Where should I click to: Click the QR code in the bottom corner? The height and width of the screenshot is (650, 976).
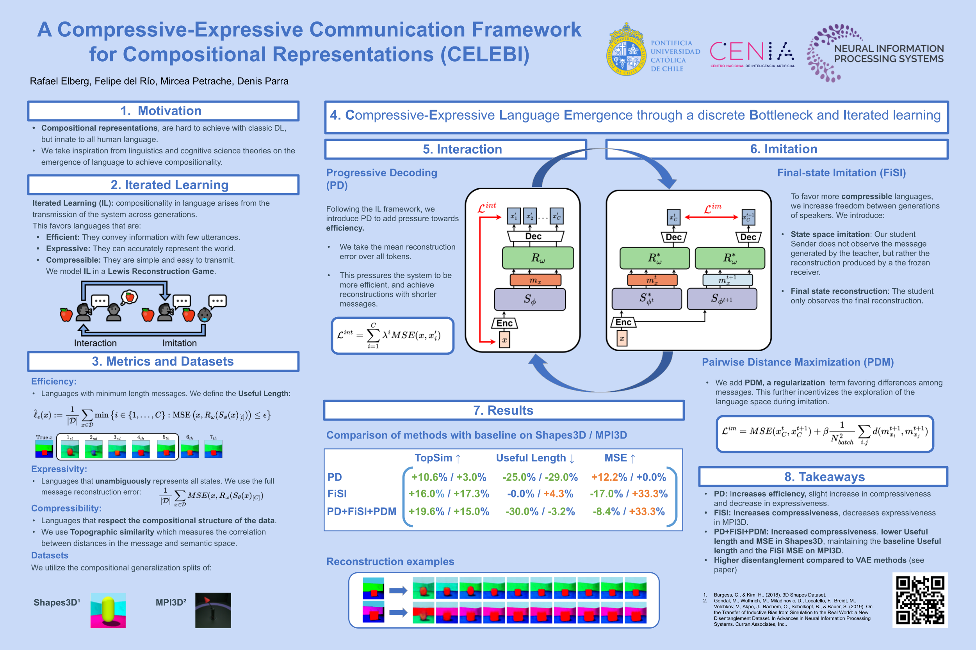920,600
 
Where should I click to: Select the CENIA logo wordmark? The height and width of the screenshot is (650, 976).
752,53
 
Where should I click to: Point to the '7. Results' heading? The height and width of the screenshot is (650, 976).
503,410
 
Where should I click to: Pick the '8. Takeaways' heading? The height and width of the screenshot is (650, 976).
824,477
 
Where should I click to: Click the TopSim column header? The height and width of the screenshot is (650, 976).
438,458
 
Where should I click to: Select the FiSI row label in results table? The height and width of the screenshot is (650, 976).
337,494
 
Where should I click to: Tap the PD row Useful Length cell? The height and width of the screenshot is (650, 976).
540,477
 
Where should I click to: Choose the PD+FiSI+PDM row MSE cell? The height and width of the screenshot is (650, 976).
629,511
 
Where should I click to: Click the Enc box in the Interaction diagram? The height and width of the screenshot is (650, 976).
504,323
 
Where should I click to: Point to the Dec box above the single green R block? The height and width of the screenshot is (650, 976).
533,236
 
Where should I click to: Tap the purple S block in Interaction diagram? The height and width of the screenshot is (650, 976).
530,299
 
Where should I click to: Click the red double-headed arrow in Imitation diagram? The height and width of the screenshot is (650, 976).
711,217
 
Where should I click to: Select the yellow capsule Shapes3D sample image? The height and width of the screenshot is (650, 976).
108,610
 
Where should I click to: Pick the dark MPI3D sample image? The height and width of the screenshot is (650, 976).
213,610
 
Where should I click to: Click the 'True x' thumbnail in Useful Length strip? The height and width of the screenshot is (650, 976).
44,449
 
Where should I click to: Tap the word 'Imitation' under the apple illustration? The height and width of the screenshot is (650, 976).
179,343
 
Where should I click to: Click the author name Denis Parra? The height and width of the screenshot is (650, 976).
263,81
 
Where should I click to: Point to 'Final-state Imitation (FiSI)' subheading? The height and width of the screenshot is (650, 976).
841,173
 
